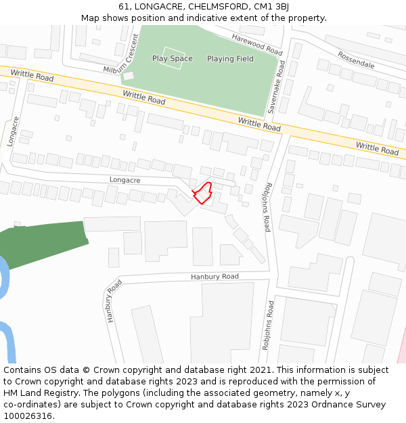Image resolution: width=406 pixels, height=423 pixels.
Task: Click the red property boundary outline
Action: (x=203, y=194)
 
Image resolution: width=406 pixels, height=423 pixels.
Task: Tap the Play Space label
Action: (x=172, y=59)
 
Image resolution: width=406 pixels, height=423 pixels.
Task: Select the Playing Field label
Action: (x=230, y=59)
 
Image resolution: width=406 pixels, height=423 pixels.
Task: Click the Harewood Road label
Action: (x=256, y=45)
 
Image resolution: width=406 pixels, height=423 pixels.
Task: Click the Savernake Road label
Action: (x=282, y=87)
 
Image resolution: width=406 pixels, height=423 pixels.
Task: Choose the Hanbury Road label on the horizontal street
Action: (x=215, y=277)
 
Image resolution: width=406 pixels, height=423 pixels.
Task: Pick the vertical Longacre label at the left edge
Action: (x=12, y=131)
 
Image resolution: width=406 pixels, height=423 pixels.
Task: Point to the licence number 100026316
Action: (x=28, y=416)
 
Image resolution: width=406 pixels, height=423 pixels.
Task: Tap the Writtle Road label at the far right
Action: (x=377, y=148)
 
